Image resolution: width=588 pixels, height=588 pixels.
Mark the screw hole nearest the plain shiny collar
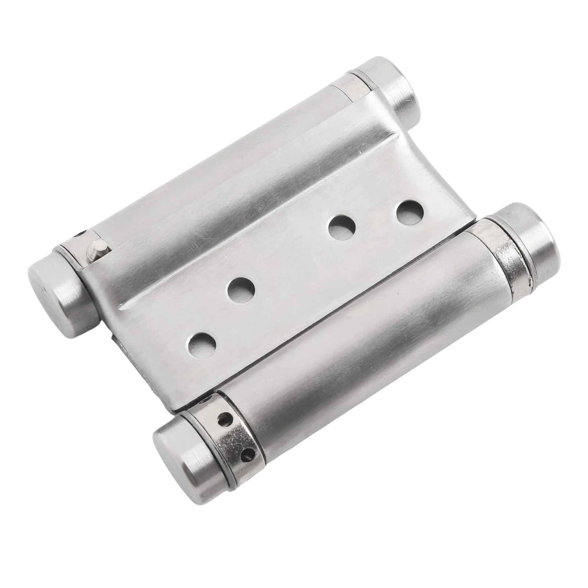(409, 211)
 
